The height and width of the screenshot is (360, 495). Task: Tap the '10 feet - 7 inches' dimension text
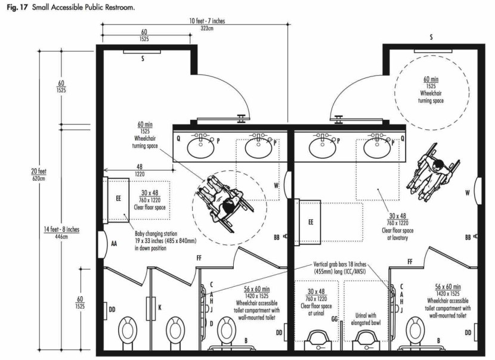pos(207,21)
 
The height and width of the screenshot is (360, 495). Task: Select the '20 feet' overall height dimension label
pos(39,171)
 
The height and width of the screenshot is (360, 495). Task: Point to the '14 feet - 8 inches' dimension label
pos(61,229)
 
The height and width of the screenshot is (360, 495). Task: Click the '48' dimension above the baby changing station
pos(139,166)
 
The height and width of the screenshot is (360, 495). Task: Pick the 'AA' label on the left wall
pos(114,244)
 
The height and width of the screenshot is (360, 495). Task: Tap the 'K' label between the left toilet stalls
pos(160,307)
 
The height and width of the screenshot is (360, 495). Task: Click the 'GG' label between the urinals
pos(335,319)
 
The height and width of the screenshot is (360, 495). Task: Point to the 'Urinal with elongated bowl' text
pos(366,319)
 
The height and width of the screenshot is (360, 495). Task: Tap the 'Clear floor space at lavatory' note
pos(397,234)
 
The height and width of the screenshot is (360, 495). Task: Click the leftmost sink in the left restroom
pos(200,148)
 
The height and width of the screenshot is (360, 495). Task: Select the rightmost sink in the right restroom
pos(376,148)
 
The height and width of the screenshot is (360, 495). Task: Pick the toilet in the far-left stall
pos(128,330)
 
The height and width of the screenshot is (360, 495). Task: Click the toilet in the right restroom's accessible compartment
pos(415,330)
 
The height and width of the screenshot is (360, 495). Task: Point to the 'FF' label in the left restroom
pos(199,258)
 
